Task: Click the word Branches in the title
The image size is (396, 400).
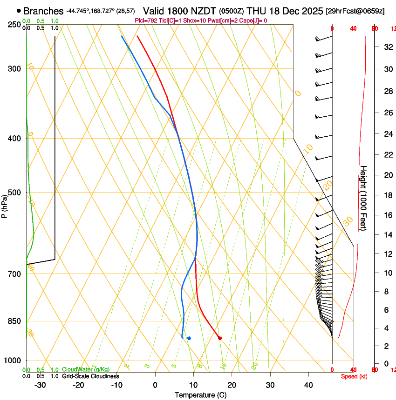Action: pos(43,11)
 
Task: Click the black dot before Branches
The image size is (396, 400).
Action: pos(19,11)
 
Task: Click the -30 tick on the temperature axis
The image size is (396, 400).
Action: pos(40,385)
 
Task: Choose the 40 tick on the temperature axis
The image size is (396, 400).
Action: pos(308,385)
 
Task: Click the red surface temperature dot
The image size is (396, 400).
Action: pos(220,338)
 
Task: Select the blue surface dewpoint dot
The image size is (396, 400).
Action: pos(189,338)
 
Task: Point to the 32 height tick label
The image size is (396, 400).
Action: pos(386,47)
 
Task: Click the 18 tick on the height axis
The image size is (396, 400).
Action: pos(386,195)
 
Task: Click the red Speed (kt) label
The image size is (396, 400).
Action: pos(354,376)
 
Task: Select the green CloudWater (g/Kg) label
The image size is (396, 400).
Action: pos(86,370)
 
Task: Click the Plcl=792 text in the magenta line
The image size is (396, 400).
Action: pos(146,20)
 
